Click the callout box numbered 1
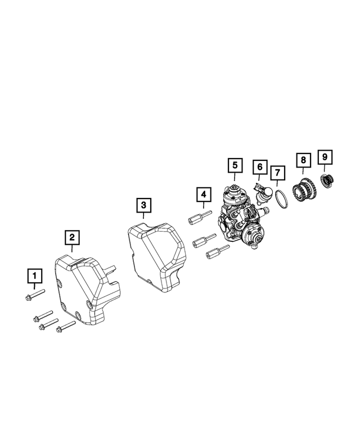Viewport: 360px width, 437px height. coord(35,276)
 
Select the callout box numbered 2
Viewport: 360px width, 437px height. coord(71,237)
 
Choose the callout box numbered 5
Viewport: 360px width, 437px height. coord(234,165)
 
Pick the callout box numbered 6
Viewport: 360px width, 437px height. coord(260,167)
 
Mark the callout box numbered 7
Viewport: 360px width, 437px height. coord(277,173)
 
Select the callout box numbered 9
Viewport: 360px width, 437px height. coord(325,156)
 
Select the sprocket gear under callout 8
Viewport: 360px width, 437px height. coord(305,190)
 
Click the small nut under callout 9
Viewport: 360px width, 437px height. coord(326,181)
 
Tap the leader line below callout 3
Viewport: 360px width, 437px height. coord(144,220)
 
